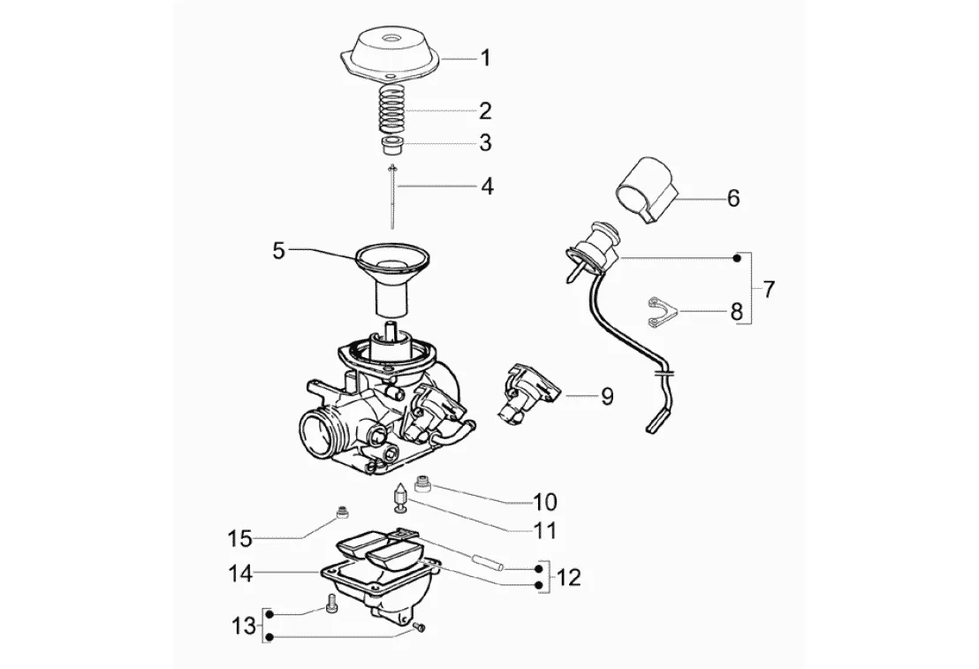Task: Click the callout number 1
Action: (x=485, y=58)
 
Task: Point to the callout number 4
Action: (x=486, y=186)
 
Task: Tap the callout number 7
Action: (x=769, y=289)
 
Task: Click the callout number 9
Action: (x=607, y=397)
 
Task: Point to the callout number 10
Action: (x=544, y=502)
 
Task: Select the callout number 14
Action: (x=240, y=574)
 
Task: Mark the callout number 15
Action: (x=239, y=538)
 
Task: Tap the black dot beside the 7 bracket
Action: (x=738, y=258)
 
